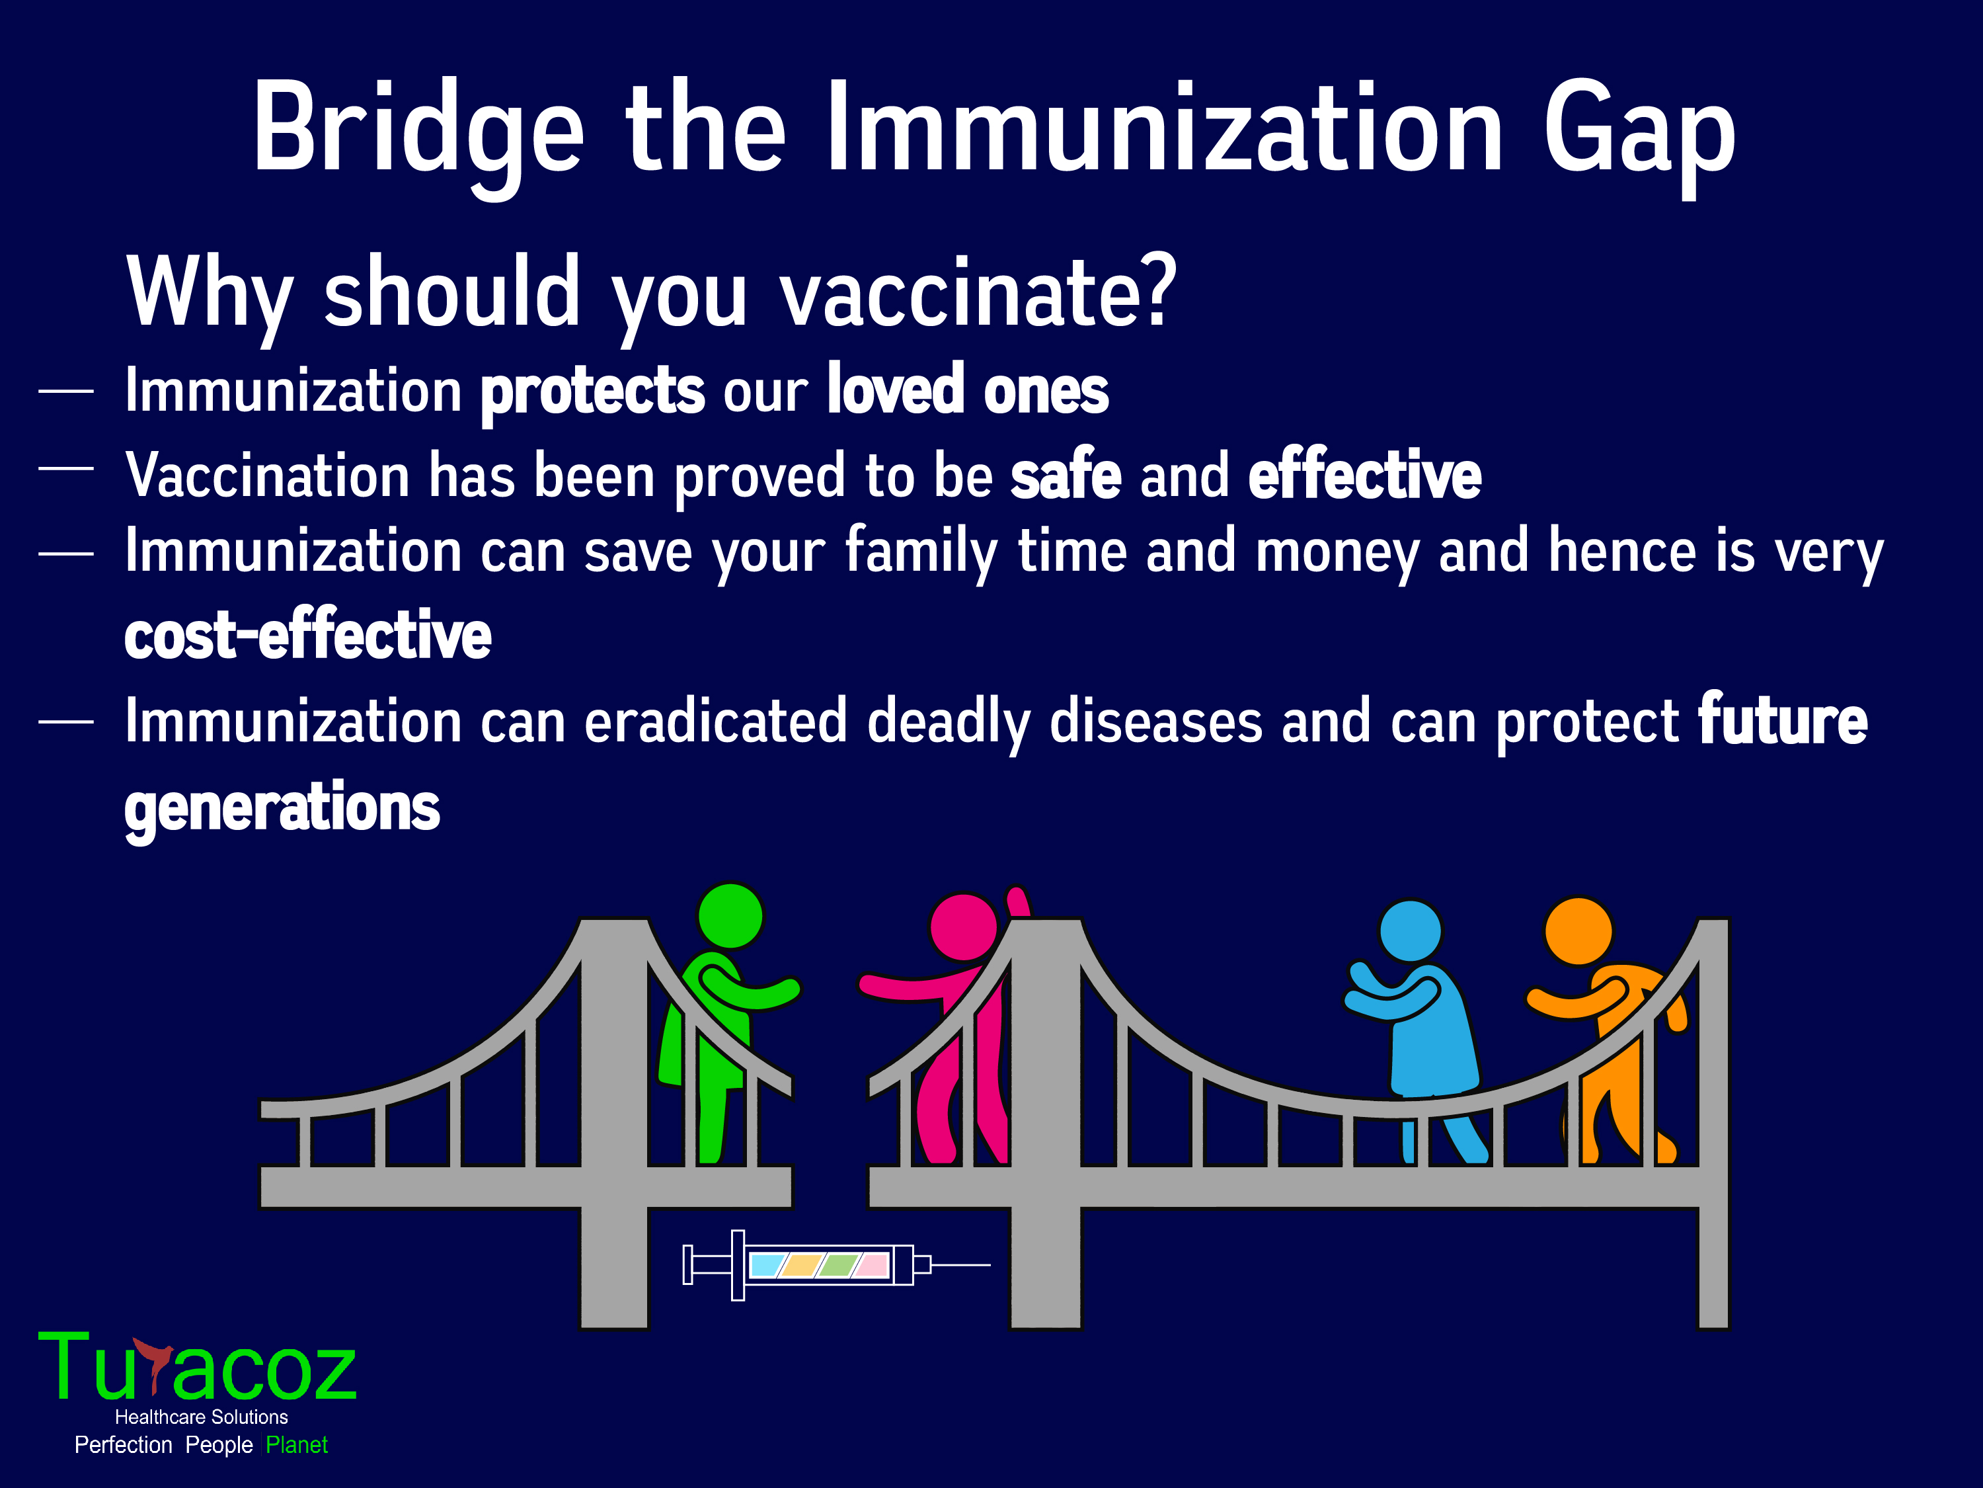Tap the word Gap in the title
1639,134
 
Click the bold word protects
592,393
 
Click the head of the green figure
730,916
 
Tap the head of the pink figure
964,927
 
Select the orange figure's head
1578,931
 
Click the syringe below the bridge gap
836,1264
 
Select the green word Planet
297,1445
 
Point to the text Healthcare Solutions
202,1417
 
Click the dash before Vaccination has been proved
65,468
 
